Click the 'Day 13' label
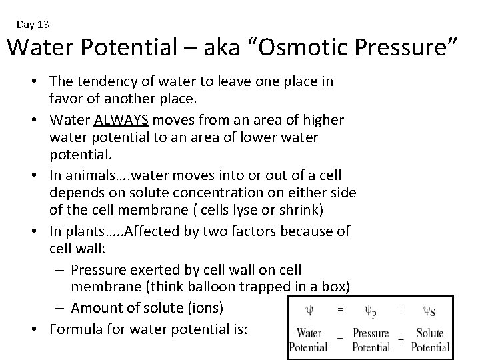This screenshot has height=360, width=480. [x=33, y=25]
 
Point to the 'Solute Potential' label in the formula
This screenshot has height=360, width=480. [x=430, y=340]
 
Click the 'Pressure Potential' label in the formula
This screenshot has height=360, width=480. [x=371, y=340]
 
